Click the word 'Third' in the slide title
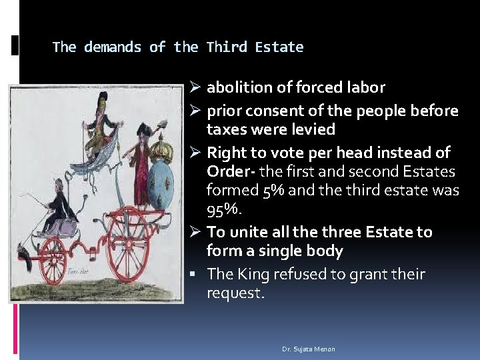coord(222,47)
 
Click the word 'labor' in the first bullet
coord(367,87)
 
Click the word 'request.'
coord(235,293)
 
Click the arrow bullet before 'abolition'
coord(195,88)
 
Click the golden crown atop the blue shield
coord(159,147)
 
